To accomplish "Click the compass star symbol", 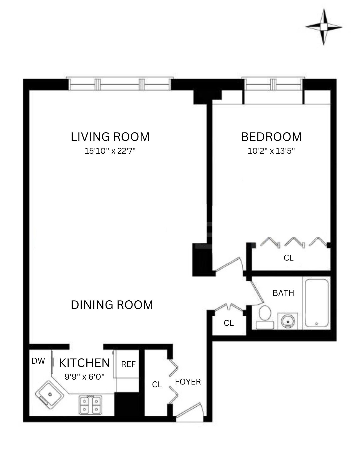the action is coord(323,27).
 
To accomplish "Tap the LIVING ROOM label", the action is coord(110,137).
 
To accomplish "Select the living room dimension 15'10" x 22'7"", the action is coord(110,151).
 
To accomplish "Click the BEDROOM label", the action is coord(271,137).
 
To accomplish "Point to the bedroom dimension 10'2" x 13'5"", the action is coord(271,151).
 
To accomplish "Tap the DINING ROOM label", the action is coord(112,305).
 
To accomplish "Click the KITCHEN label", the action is coord(85,363).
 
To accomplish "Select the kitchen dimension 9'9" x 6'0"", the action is coord(85,377).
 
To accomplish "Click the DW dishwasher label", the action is coord(38,361).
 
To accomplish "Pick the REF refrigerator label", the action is coord(128,364).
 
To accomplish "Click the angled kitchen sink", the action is coord(50,395).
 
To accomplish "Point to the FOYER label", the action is coord(188,382).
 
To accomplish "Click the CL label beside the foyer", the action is coord(157,384).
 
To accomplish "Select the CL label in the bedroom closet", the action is coord(288,258).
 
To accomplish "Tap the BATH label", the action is coord(283,293).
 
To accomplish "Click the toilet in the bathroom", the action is coord(265,318).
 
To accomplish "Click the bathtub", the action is coord(316,303).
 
